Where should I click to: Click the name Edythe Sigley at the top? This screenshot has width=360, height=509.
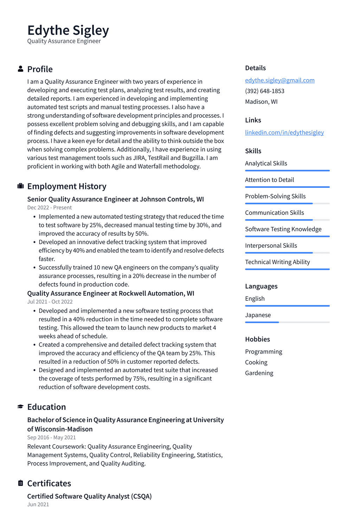68,31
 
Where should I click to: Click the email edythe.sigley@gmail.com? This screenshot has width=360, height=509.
279,80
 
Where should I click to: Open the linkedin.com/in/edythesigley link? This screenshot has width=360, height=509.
284,132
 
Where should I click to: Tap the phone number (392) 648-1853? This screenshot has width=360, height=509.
264,91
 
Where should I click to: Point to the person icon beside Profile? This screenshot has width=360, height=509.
20,69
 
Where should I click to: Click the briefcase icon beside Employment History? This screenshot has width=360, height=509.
20,186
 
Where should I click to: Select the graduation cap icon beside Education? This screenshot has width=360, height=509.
20,407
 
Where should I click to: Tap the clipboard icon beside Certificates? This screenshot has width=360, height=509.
20,483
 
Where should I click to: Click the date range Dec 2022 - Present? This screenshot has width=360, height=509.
49,208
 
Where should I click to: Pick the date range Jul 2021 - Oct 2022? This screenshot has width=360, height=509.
50,301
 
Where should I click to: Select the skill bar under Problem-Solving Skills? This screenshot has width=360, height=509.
287,203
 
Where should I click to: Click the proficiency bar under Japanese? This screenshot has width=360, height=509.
287,322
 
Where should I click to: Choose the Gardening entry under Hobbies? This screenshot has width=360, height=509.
259,373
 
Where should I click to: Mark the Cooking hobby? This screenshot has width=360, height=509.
256,362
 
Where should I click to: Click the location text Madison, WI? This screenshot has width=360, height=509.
261,102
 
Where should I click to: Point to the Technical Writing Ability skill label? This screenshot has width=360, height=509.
277,262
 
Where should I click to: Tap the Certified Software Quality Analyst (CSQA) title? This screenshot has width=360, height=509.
89,496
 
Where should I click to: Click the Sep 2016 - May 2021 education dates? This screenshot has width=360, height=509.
51,437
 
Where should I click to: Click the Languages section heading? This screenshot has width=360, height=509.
261,286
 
